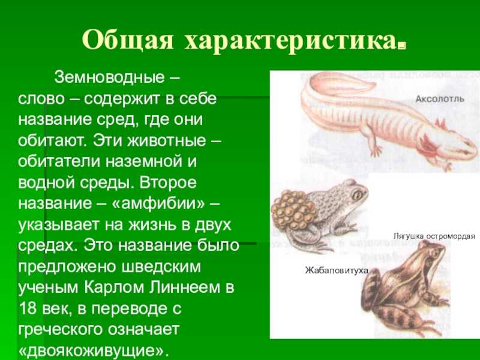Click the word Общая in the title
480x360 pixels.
128,40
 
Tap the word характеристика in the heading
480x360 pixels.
290,41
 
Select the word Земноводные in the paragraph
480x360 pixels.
109,77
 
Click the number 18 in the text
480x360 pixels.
28,308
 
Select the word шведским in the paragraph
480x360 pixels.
161,267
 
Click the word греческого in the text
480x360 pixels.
60,329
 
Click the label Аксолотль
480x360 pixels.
440,99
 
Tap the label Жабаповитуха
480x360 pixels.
337,271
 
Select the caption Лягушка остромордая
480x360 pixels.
434,236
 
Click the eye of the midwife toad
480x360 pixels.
356,194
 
